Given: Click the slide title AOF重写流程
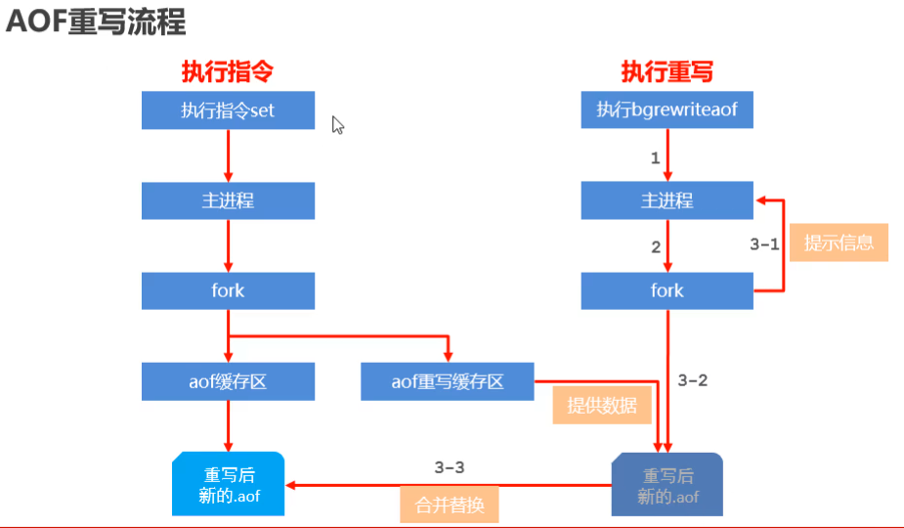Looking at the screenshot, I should (x=96, y=22).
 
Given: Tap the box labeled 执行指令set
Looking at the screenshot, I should (x=228, y=110).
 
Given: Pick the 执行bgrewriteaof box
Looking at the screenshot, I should (x=667, y=110).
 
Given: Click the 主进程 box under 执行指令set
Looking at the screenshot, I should (x=228, y=200).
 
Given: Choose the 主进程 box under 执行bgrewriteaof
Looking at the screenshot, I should (x=667, y=200).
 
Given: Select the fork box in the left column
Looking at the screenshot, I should (x=228, y=290).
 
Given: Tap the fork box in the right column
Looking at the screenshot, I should (x=667, y=290).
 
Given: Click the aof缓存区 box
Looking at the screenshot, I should (x=228, y=381).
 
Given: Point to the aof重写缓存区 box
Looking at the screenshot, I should (x=448, y=381).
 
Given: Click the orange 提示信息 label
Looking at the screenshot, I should (x=839, y=242).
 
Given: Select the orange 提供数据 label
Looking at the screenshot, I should (x=602, y=405).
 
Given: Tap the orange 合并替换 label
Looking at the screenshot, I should (x=450, y=505).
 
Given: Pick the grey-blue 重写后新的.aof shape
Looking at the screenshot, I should (x=667, y=485).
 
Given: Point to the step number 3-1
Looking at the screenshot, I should (x=764, y=244).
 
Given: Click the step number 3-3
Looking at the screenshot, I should (x=450, y=467).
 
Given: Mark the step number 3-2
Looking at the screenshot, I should (x=692, y=380).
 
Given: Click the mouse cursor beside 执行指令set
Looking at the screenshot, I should (x=337, y=125).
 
